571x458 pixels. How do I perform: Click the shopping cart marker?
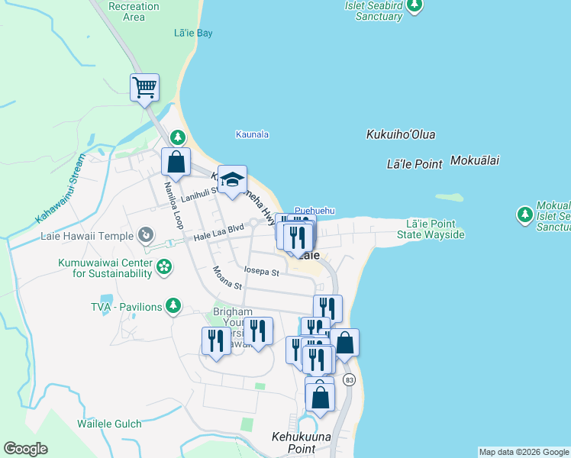tap(144, 88)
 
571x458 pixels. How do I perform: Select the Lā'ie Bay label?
tap(193, 34)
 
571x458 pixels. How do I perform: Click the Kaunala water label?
tap(251, 134)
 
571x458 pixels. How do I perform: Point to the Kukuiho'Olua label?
tap(401, 135)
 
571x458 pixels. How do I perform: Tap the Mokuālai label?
tap(474, 161)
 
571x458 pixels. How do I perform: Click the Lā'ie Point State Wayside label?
tap(431, 229)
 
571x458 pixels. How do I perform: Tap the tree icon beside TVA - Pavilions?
tap(174, 306)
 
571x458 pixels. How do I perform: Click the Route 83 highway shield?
tap(350, 379)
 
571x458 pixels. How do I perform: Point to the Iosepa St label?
tap(261, 271)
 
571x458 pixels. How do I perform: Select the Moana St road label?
tap(227, 278)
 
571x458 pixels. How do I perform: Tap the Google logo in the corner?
tap(25, 449)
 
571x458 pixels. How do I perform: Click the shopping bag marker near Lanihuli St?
tap(176, 162)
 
